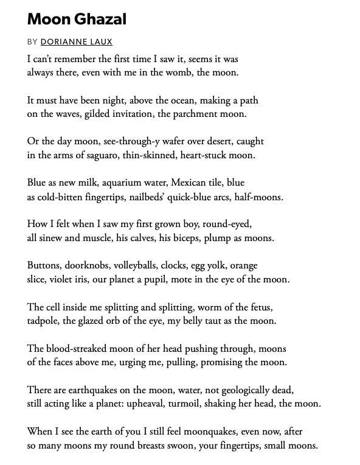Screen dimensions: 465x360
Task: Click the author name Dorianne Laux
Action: click(x=76, y=42)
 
